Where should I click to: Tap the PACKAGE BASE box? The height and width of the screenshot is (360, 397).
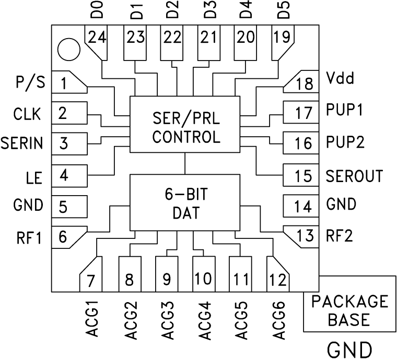(349, 310)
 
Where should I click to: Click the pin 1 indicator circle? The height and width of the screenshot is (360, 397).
(69, 50)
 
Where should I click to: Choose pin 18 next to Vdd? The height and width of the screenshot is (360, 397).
(303, 83)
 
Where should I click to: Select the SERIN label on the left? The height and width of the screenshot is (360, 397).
(21, 143)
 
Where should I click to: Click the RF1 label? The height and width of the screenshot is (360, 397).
(29, 238)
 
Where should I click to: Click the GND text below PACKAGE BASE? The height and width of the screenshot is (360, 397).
(349, 348)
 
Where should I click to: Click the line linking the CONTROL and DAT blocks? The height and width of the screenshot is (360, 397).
(185, 164)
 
